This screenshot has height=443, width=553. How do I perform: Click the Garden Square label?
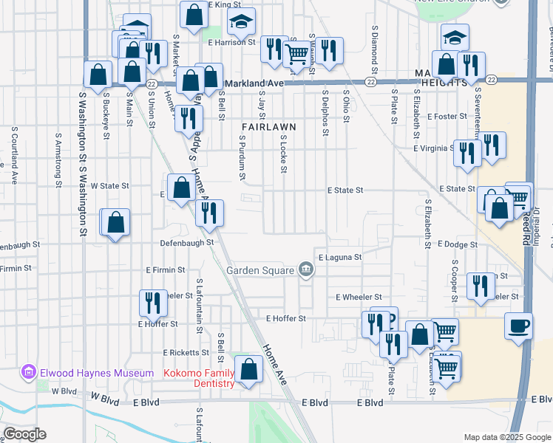tap(261, 270)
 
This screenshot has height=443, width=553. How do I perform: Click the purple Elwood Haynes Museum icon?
tap(29, 371)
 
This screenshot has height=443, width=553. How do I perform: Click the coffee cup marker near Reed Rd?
tap(519, 325)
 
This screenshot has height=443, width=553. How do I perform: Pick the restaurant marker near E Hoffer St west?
tap(154, 302)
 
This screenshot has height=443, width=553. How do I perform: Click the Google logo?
tap(24, 434)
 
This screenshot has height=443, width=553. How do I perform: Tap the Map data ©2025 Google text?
tap(506, 438)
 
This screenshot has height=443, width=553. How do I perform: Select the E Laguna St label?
tap(340, 257)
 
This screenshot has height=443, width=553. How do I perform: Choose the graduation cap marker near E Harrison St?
tap(240, 25)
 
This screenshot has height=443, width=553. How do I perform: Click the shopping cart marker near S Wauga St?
tap(297, 52)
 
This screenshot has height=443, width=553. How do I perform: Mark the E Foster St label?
tap(447, 116)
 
